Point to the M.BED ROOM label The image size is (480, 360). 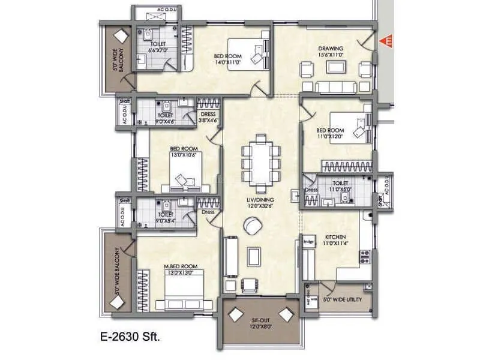click(x=180, y=266)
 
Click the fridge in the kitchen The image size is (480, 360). click(x=308, y=242)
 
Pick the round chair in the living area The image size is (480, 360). click(x=253, y=227)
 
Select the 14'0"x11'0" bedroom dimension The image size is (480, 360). click(x=227, y=61)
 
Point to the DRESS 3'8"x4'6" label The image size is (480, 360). click(x=208, y=117)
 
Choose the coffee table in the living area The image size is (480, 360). click(x=254, y=256)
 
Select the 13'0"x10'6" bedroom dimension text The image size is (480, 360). click(x=182, y=154)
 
